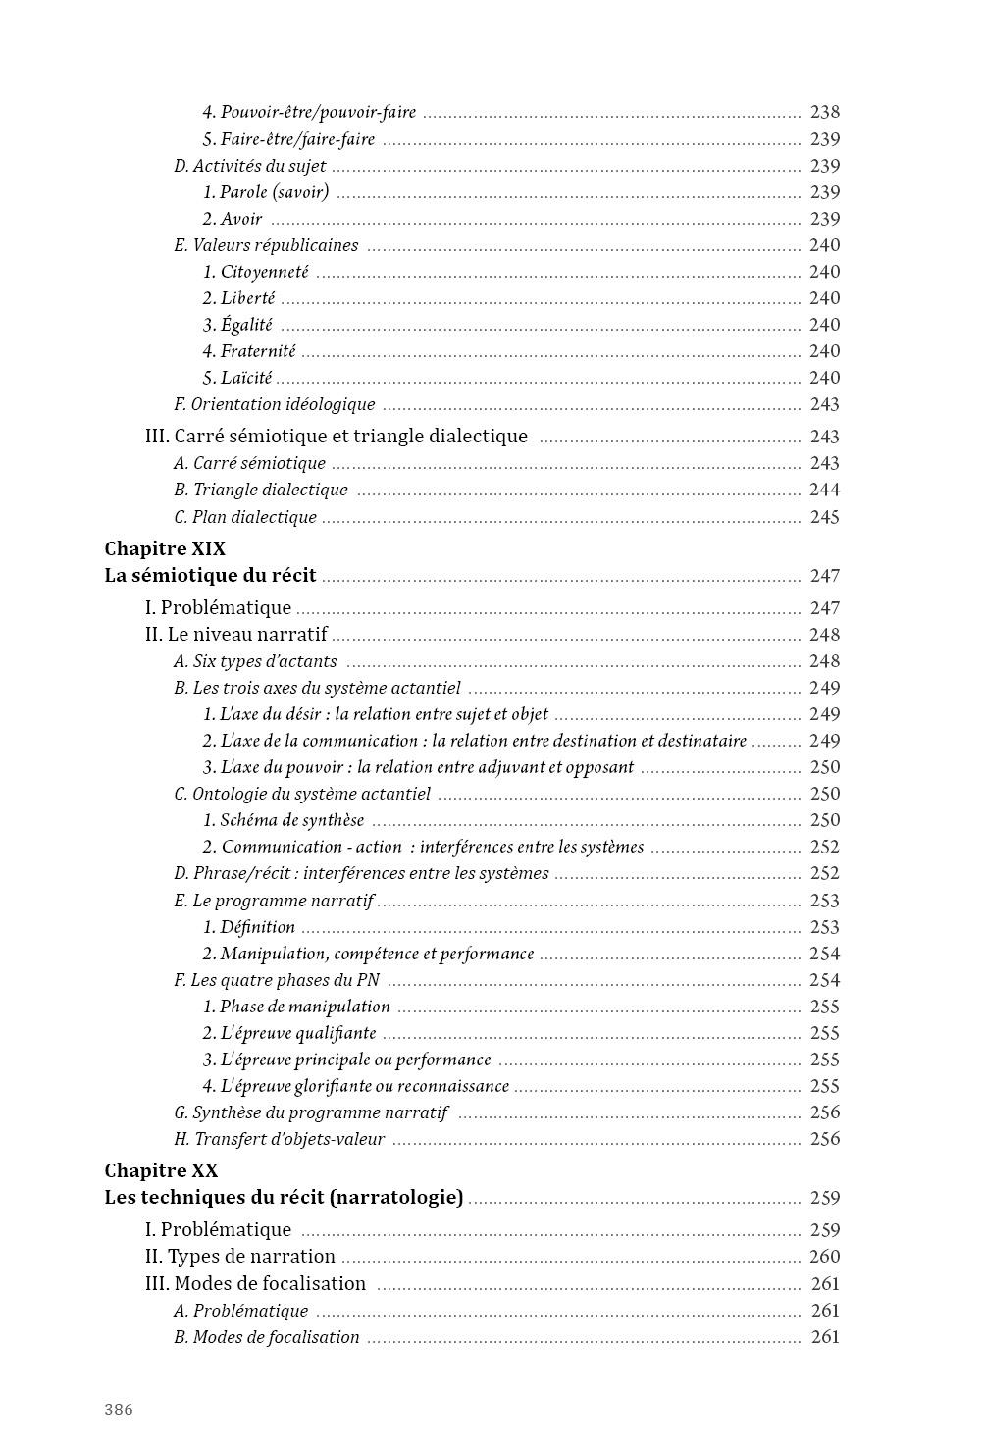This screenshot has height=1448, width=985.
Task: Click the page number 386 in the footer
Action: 119,1410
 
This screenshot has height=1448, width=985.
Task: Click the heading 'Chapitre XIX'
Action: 165,548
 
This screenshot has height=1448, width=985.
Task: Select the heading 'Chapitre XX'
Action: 161,1170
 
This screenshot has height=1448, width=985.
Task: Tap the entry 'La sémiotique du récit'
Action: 210,576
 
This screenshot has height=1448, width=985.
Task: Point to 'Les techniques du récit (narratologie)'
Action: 284,1198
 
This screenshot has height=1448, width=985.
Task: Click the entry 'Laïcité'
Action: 237,378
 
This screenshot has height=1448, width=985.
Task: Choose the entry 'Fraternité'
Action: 249,351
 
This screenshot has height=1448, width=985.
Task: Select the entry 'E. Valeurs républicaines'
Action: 266,245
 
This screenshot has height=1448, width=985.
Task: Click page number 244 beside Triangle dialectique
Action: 824,490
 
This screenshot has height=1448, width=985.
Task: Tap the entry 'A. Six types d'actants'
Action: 255,661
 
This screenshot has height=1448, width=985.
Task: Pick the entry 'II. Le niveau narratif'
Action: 235,635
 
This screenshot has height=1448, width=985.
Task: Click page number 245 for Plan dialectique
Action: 824,517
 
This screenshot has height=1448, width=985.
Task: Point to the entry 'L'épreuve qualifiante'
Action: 289,1033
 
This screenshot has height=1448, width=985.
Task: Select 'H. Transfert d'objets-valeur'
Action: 279,1139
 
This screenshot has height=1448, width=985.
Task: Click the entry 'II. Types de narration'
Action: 239,1257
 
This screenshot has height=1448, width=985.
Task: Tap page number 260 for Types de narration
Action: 824,1257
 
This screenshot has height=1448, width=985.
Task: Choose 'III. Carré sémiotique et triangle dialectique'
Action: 336,437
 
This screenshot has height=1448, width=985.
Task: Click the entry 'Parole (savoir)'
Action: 266,192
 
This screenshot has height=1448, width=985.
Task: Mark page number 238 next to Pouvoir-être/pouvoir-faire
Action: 824,113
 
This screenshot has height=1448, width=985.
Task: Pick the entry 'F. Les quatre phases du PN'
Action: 277,980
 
